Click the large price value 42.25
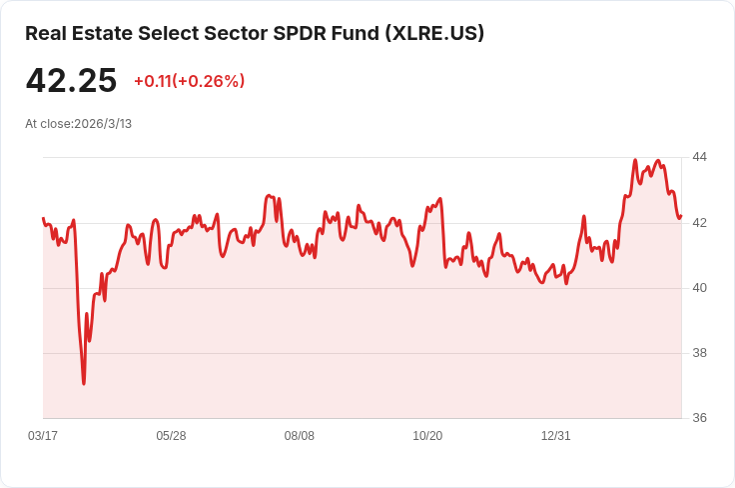[71, 80]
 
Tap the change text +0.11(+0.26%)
[190, 81]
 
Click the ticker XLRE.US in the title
[434, 33]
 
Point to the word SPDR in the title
[299, 33]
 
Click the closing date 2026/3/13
[103, 124]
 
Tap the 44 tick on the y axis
[699, 157]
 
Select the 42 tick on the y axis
[699, 222]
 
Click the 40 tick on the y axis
[699, 288]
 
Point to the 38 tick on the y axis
[699, 353]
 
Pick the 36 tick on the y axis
[699, 418]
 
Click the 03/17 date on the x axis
[43, 436]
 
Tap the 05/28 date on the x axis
[171, 436]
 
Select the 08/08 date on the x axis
[299, 436]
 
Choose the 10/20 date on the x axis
[427, 436]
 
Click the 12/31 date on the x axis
[556, 436]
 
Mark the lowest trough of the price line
[84, 384]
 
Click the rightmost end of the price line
[681, 216]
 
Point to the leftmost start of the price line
[43, 218]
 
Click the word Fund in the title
[356, 33]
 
